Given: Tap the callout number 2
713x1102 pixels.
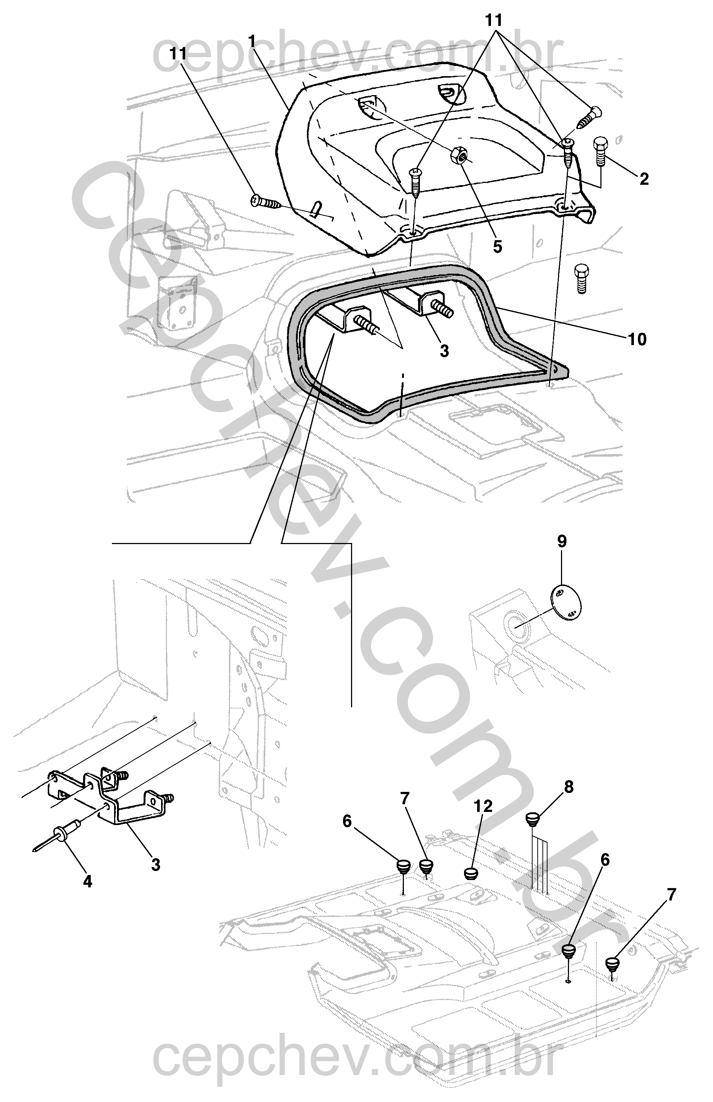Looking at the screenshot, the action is (x=644, y=179).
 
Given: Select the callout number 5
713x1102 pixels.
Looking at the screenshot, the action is (x=497, y=247).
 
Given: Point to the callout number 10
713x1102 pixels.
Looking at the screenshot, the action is (x=637, y=339).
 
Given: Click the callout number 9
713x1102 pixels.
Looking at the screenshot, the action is (x=562, y=542).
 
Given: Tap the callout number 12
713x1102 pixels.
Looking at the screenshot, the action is (x=483, y=806).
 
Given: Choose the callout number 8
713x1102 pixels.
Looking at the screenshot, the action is (x=569, y=786).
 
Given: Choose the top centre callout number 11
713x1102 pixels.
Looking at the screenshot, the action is (x=494, y=20).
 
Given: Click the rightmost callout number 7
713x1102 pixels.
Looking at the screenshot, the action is (x=672, y=895).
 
